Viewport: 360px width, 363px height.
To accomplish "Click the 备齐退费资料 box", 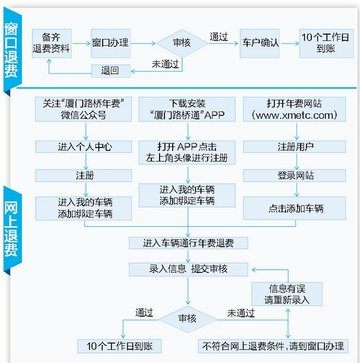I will tap(52, 43).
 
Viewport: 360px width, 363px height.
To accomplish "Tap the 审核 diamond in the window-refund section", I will tap(182, 43).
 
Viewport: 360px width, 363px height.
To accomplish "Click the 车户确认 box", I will tap(260, 43).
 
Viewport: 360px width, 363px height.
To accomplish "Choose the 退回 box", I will tap(111, 70).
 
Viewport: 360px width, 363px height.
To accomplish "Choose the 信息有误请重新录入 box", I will tap(287, 294).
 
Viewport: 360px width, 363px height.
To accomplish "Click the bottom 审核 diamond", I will tap(187, 318).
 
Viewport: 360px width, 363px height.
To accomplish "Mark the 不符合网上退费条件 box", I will tap(273, 346).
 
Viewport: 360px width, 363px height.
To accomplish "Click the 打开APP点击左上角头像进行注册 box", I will tap(187, 152).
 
